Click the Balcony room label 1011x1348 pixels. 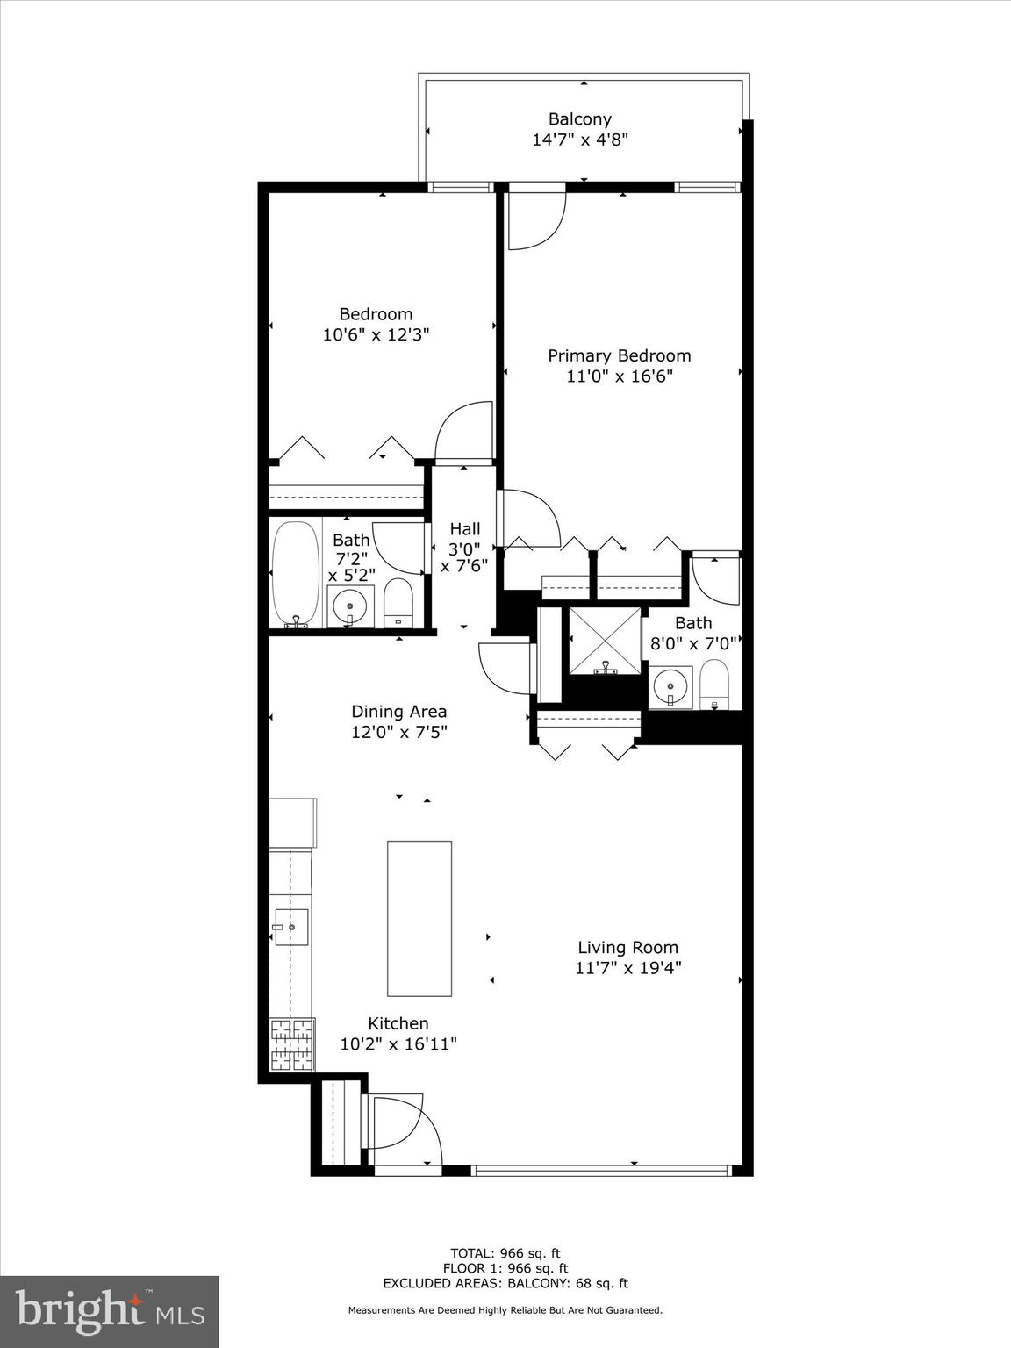point(579,119)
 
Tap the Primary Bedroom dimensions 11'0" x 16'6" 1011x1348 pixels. point(619,376)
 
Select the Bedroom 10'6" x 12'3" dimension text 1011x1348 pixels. point(376,334)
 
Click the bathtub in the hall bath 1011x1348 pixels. point(297,573)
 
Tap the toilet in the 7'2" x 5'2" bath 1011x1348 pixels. point(398,603)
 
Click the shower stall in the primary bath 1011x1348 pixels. point(605,642)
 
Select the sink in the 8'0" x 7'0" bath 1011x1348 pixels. point(671,685)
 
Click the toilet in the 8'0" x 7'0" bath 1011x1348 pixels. point(714,684)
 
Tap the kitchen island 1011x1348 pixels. point(419,918)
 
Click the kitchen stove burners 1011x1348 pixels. point(291,1044)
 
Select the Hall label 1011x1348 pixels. point(464,529)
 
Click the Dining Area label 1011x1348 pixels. point(399,712)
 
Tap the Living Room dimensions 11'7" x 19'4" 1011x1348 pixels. point(627,968)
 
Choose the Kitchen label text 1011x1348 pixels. point(398,1023)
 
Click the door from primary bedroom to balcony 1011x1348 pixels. point(537,219)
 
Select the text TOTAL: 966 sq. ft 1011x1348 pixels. point(505,1253)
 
